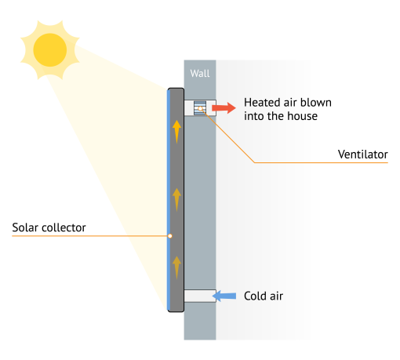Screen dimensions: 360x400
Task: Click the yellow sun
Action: pos(49,49)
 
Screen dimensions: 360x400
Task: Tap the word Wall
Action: pos(199,75)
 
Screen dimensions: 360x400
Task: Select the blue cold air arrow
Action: pos(226,296)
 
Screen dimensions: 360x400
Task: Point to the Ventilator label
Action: pos(362,155)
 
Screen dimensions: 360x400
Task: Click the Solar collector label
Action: pos(49,228)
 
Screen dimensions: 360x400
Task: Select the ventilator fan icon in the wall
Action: pos(199,108)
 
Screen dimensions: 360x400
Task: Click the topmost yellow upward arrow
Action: pos(177,129)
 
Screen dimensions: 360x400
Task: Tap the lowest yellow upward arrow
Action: pos(177,267)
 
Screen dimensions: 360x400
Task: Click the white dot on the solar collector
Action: pos(169,236)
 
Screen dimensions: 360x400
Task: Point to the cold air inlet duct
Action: pos(199,296)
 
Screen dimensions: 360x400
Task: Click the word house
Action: pos(301,116)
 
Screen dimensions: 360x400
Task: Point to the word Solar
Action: pos(25,228)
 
